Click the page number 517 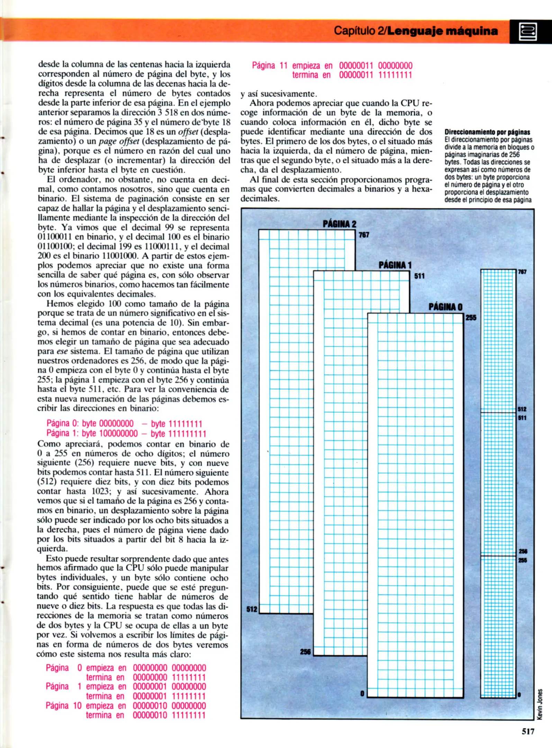(528, 731)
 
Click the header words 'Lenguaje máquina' (442, 31)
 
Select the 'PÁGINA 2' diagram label (339, 224)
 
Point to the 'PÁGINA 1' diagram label (395, 265)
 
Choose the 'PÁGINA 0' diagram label (445, 307)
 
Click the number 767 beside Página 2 (364, 235)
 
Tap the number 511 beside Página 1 (419, 276)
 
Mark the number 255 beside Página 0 (471, 318)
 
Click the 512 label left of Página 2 (252, 609)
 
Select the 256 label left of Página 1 (305, 652)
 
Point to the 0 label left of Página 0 (362, 694)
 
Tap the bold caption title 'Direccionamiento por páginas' (487, 132)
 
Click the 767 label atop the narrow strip (522, 272)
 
